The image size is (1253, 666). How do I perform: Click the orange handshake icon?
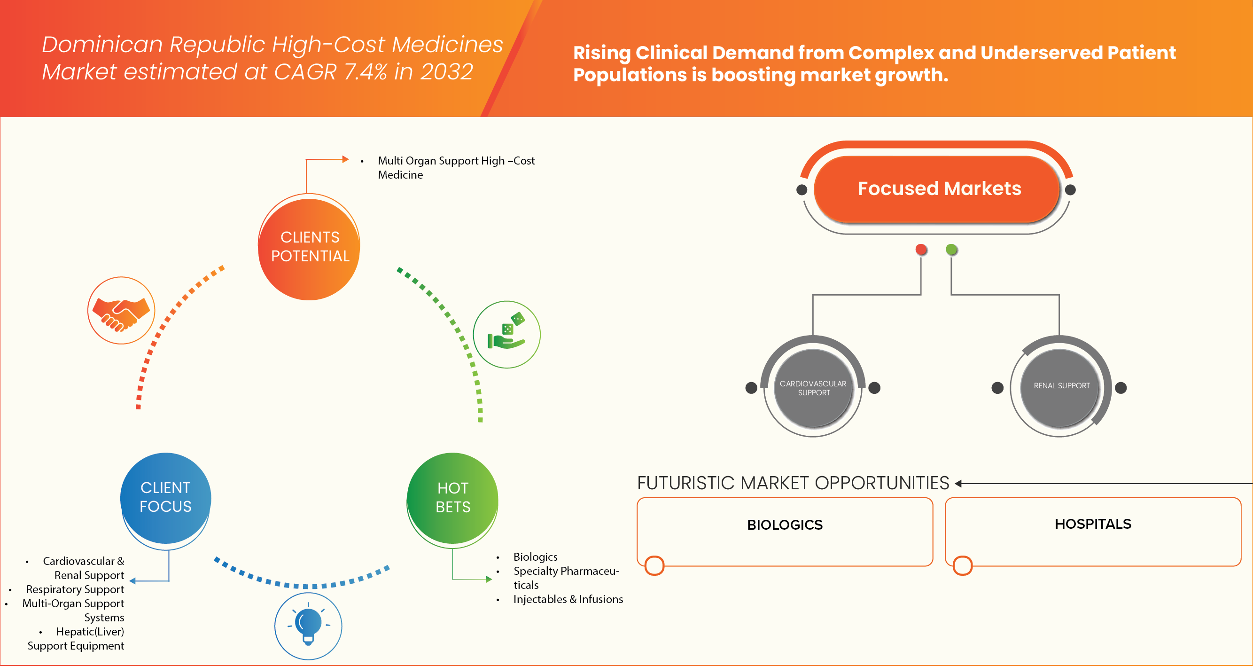click(x=121, y=311)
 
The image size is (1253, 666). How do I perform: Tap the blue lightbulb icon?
click(x=308, y=626)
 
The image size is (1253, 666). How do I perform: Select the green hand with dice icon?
click(x=506, y=335)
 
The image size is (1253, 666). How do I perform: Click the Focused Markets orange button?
click(x=938, y=189)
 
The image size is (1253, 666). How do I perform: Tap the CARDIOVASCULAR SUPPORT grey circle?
click(x=813, y=388)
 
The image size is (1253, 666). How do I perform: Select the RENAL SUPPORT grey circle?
click(x=1061, y=386)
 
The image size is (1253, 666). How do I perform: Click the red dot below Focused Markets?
click(x=921, y=250)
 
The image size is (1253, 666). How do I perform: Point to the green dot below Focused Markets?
click(x=951, y=250)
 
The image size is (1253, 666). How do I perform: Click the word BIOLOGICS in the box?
click(x=785, y=525)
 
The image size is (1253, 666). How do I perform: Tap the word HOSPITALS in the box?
click(x=1092, y=524)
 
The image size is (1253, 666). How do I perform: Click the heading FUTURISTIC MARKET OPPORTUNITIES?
click(x=793, y=483)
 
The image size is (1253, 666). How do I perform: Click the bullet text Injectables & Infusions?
click(x=568, y=599)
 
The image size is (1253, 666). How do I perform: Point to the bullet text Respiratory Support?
click(x=75, y=589)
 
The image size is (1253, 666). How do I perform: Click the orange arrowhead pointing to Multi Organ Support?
click(x=345, y=159)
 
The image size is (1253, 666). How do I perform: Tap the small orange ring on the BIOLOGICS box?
click(x=654, y=565)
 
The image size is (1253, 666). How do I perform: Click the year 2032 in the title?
click(x=446, y=72)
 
